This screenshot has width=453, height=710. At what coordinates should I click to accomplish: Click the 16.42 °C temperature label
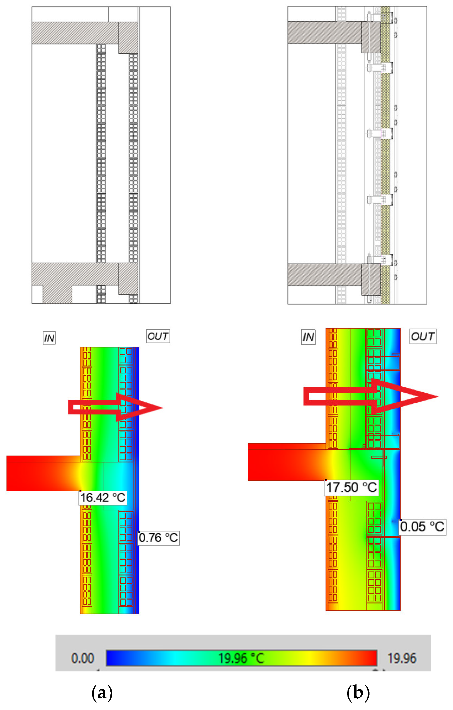tap(103, 498)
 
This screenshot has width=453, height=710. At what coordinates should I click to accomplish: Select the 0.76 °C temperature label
tap(159, 538)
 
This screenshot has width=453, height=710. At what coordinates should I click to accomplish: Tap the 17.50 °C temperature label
tap(352, 487)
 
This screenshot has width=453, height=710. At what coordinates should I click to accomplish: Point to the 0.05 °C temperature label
tap(423, 527)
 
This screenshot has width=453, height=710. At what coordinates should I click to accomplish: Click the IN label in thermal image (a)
tap(49, 338)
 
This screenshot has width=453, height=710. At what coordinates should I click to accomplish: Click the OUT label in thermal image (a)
tap(158, 336)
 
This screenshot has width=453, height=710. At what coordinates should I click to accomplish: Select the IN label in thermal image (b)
tap(308, 337)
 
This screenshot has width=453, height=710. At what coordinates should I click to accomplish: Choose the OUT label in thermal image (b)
tap(423, 336)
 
